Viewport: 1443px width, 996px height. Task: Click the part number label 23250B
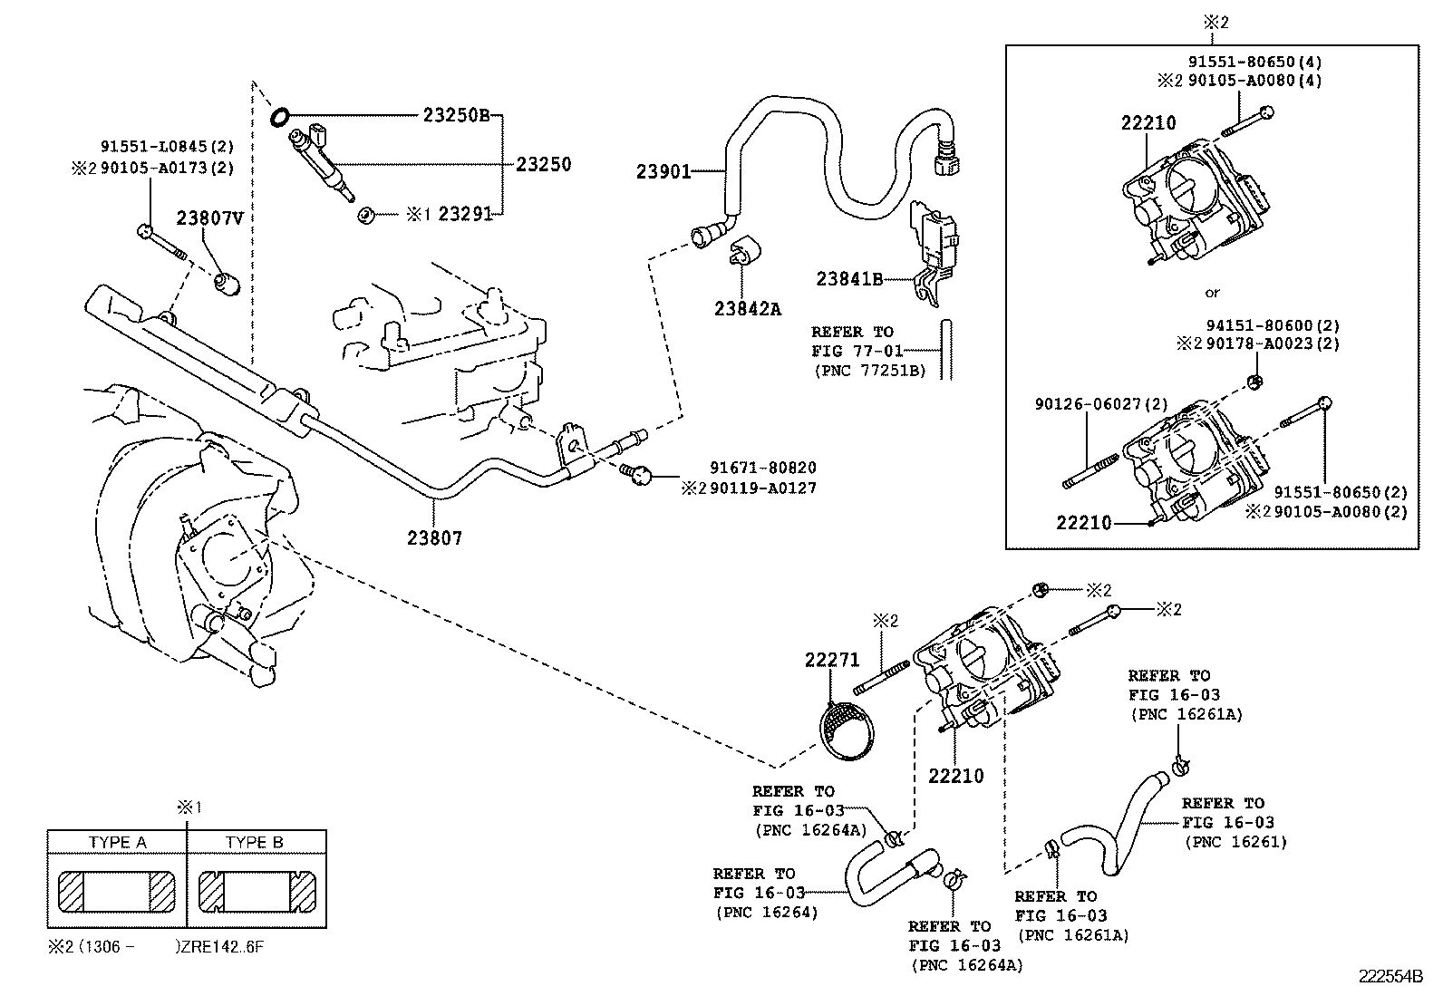click(456, 115)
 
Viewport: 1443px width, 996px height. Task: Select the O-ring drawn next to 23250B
click(280, 116)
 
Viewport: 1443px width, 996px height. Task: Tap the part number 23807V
click(209, 218)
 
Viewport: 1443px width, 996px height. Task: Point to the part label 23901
click(663, 171)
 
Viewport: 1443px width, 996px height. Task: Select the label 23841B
click(849, 279)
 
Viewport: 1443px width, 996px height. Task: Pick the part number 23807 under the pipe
click(434, 537)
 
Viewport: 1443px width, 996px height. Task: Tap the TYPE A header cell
click(117, 842)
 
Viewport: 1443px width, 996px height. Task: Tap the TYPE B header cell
click(255, 842)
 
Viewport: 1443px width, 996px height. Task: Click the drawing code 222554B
click(1390, 976)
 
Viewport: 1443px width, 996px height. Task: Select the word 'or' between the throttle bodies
click(1212, 293)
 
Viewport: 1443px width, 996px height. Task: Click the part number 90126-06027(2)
click(1101, 404)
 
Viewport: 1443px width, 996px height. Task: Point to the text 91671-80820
click(762, 468)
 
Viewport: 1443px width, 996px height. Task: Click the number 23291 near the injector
click(464, 214)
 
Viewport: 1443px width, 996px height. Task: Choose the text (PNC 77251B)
click(868, 371)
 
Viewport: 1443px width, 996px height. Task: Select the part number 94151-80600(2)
click(1273, 325)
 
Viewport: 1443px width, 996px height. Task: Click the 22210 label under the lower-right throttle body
click(955, 776)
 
